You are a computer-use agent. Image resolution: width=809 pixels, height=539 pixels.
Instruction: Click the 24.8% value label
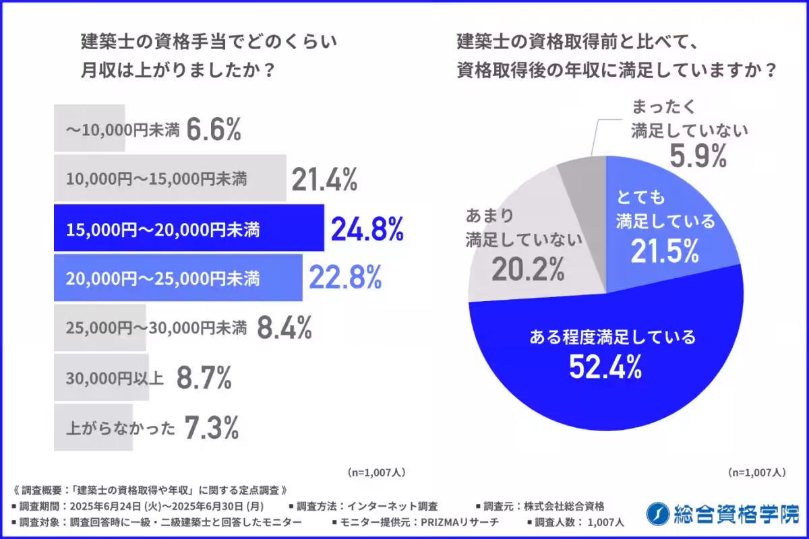367,230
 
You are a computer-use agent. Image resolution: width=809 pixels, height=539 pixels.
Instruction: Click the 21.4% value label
324,180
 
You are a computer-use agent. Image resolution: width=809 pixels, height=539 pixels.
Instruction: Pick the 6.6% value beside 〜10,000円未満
213,131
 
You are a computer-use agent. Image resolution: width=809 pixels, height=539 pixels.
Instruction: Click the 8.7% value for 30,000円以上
204,378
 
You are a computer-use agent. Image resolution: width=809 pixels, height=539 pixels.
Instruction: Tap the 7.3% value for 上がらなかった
210,427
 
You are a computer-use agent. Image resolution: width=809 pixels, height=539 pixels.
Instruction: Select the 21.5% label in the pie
664,251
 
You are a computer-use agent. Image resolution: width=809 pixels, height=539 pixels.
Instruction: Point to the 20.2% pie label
527,269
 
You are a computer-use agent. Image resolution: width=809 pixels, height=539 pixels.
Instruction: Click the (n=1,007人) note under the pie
756,472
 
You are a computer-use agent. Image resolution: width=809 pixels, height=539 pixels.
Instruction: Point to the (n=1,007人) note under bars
376,472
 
